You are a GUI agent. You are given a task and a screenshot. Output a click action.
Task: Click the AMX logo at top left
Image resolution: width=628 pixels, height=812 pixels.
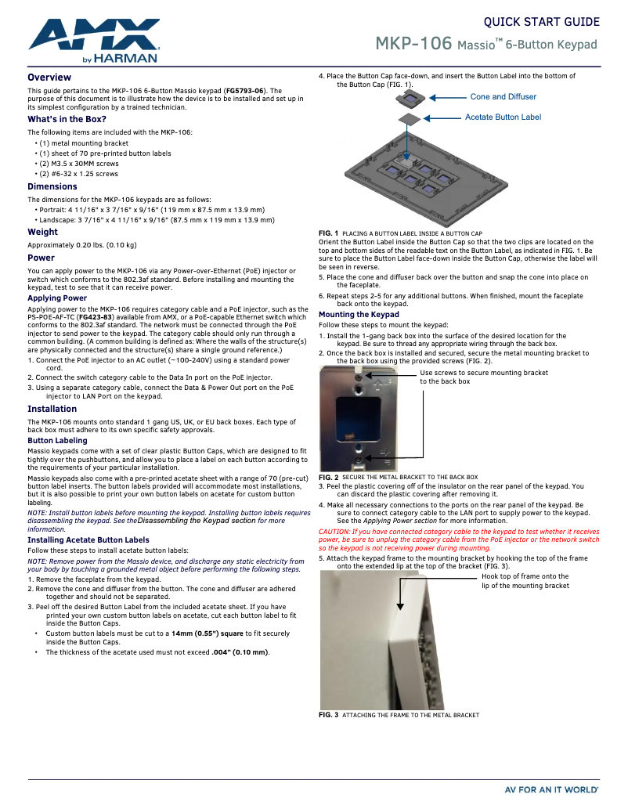(94, 41)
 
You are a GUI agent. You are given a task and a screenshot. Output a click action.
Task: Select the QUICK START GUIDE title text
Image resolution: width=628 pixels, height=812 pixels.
(541, 22)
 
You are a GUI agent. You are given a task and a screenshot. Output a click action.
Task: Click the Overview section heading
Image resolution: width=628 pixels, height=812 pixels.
(49, 78)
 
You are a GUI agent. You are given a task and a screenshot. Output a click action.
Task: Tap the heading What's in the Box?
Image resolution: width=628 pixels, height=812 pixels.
(67, 119)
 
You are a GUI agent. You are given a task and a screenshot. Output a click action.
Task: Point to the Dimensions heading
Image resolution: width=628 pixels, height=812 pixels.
(52, 186)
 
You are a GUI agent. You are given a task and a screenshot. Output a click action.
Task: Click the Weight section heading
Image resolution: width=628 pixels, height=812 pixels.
(42, 232)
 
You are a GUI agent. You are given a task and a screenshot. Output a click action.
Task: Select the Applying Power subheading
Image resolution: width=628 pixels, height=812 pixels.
(57, 298)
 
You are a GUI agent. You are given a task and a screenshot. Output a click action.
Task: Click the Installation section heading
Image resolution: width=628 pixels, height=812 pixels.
(52, 409)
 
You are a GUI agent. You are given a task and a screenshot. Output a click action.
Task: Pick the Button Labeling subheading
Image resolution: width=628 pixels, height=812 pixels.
(57, 441)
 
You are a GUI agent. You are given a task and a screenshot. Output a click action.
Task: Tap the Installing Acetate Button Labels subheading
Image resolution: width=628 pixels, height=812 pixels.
(88, 540)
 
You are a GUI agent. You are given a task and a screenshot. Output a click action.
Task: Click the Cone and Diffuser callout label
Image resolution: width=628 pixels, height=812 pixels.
(503, 97)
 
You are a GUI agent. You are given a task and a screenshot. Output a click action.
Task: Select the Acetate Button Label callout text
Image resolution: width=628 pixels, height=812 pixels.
(503, 117)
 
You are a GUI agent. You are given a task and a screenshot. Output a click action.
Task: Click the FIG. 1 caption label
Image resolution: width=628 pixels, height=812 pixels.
(328, 233)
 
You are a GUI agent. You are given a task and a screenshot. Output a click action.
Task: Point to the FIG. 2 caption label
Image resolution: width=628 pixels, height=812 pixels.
(328, 477)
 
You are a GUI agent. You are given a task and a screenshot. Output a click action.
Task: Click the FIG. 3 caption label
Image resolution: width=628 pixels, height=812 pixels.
(328, 715)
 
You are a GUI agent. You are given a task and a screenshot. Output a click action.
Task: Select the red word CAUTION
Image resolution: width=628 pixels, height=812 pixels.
(333, 532)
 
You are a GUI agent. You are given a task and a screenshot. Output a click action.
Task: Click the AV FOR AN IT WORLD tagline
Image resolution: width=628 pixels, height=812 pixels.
(551, 790)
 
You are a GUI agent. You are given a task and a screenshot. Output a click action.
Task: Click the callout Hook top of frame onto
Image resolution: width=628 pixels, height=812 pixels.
(525, 576)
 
